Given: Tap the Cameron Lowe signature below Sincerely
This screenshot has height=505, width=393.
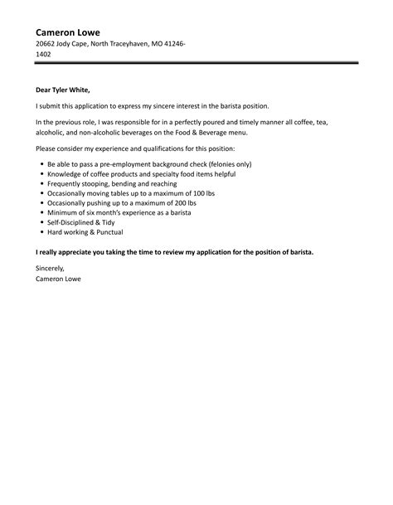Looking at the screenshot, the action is (59, 279).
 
